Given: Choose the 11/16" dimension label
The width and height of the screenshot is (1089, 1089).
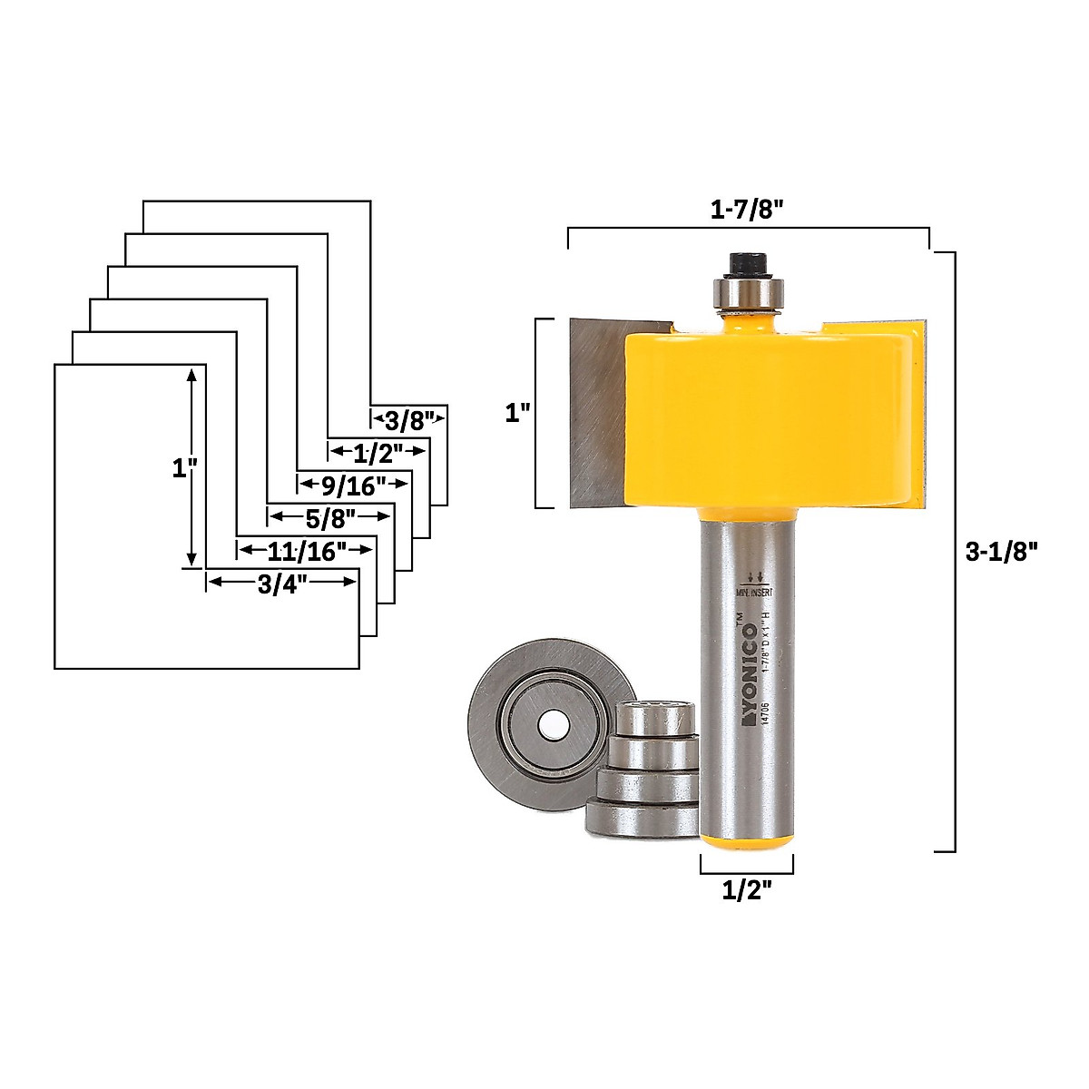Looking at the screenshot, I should (x=308, y=551).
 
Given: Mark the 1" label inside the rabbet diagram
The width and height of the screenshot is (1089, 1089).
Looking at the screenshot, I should (x=184, y=469).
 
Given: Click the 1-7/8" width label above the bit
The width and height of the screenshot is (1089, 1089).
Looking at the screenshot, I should (x=746, y=209).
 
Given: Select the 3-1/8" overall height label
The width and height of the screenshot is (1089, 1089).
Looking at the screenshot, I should (x=1000, y=551).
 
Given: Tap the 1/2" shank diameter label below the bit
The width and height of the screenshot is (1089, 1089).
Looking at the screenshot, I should (x=746, y=891).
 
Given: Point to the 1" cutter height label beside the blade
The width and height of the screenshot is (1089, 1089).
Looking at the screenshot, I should (x=516, y=414).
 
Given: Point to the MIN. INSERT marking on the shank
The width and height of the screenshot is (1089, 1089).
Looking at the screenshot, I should (x=752, y=591).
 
